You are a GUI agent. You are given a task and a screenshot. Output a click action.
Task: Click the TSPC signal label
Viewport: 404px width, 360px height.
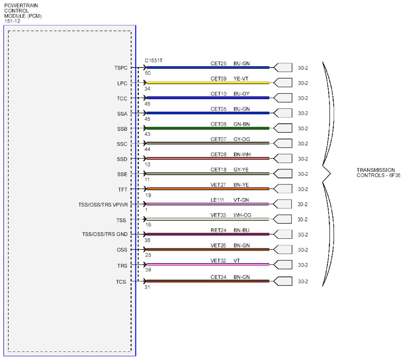pos(121,68)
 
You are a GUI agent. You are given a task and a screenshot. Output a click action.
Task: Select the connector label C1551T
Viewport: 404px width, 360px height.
pos(153,61)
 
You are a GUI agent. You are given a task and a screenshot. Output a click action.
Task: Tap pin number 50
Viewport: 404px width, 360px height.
pos(148,73)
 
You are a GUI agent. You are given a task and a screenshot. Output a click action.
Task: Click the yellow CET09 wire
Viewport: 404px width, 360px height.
pos(208,83)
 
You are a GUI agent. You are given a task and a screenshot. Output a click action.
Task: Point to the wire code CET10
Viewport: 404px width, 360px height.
pos(218,94)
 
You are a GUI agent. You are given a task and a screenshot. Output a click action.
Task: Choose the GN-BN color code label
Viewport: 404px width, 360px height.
pos(242,124)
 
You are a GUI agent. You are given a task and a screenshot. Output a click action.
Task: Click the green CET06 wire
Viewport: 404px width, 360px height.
pos(208,128)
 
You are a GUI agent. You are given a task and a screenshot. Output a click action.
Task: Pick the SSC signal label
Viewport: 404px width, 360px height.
pos(122,144)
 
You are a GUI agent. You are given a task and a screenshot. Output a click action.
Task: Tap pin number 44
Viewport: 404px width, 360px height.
pos(147,149)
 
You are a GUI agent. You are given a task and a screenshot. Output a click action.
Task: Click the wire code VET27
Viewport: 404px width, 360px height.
pos(218,185)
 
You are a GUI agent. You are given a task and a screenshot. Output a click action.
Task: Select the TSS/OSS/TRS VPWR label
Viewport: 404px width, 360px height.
pos(103,205)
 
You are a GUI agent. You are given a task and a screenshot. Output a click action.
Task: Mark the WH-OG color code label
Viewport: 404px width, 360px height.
pos(242,215)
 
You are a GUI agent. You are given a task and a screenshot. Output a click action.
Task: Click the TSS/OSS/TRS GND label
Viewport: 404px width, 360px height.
pos(105,234)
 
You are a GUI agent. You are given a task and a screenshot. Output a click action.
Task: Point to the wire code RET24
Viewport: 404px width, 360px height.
pos(218,230)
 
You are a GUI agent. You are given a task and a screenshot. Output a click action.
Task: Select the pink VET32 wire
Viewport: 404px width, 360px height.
pos(208,265)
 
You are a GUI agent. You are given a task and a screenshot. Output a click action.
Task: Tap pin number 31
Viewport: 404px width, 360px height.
pos(147,287)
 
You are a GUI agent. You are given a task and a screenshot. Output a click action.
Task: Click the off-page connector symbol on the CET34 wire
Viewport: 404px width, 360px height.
pos(283,281)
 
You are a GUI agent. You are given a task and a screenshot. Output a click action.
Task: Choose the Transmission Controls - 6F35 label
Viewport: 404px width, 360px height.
pos(378,173)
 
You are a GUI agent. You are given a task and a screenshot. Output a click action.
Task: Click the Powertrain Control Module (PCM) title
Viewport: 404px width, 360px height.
pos(23,13)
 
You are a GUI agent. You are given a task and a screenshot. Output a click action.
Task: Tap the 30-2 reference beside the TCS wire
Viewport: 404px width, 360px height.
pos(303,282)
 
